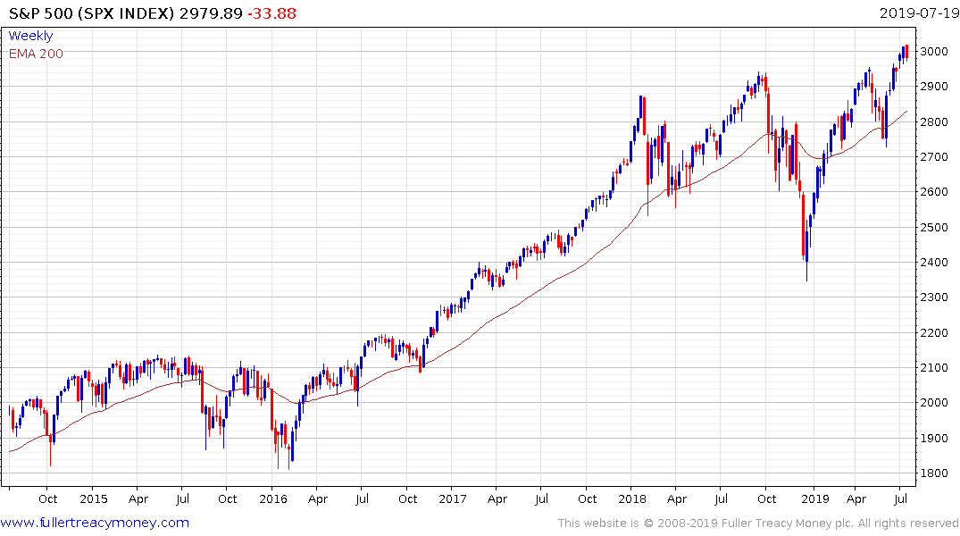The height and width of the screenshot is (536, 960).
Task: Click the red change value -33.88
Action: click(273, 13)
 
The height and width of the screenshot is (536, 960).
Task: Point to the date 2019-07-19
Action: click(917, 13)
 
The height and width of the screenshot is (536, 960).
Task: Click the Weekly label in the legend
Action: click(30, 36)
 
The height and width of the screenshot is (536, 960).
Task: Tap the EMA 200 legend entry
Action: click(36, 54)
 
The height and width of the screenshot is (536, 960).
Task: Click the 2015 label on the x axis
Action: click(93, 499)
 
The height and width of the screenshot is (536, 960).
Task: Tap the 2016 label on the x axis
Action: click(273, 499)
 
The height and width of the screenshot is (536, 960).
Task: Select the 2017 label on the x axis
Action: click(453, 499)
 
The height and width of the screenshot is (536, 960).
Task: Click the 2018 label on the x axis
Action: click(632, 499)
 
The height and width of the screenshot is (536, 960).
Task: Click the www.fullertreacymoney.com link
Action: click(95, 523)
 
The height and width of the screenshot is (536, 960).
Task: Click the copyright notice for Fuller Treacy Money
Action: click(758, 523)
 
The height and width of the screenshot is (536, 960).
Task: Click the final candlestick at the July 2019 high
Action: click(906, 53)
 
